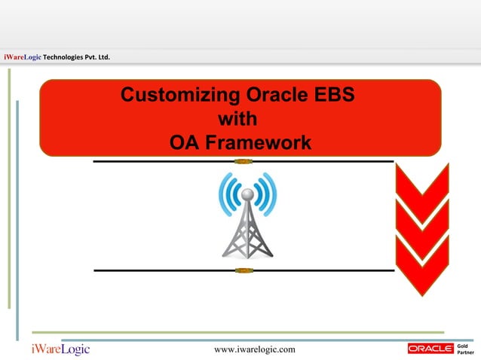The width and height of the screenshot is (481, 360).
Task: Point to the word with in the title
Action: (x=237, y=119)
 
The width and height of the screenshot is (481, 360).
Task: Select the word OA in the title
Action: (x=184, y=142)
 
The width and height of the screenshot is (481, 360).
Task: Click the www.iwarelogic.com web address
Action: (x=255, y=349)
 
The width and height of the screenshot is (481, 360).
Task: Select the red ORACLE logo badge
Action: (x=430, y=348)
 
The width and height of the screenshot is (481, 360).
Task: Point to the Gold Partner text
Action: (x=467, y=348)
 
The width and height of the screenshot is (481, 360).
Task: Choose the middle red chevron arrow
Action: (x=422, y=230)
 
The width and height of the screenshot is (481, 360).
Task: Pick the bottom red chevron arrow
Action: (x=422, y=267)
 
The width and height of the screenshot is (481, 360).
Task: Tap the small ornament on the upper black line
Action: (x=242, y=161)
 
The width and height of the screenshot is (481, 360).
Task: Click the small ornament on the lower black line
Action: (x=242, y=270)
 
